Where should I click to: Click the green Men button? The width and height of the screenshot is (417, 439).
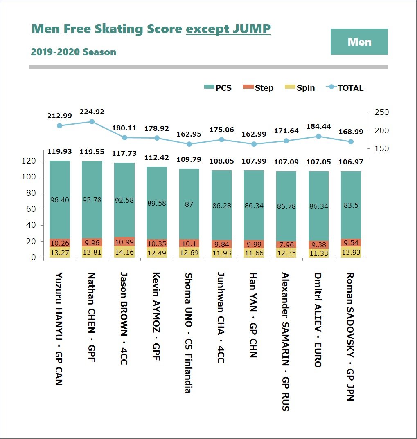[x=359, y=42]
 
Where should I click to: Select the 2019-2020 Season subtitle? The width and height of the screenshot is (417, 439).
[x=73, y=52]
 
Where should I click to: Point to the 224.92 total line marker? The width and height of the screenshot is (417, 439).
[x=92, y=121]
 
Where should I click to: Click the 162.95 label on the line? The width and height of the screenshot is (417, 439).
[x=189, y=134]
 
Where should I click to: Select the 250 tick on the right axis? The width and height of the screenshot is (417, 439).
[x=381, y=112]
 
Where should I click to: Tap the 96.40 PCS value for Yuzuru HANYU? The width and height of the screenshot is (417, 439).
[x=59, y=200]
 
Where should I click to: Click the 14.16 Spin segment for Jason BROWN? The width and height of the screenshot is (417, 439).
[x=124, y=252]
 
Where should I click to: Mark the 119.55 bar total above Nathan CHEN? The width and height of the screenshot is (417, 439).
[x=92, y=151]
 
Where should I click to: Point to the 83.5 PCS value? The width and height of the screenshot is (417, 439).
[x=351, y=205]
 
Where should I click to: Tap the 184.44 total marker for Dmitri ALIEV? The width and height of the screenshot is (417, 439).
[x=318, y=137]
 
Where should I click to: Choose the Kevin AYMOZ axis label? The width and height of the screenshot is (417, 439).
[x=156, y=317]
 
